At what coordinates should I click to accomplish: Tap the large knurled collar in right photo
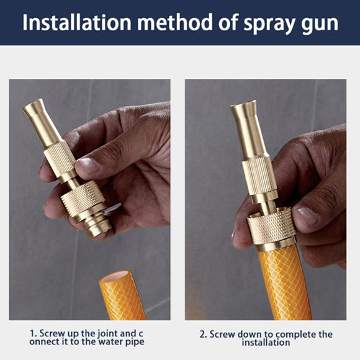(271, 228)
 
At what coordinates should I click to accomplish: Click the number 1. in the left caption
(34, 333)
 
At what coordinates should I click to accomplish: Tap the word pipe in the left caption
(133, 342)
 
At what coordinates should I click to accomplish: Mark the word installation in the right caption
(265, 343)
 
